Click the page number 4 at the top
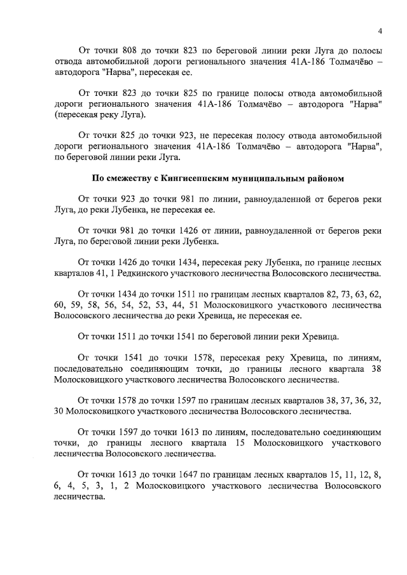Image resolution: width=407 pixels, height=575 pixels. [380, 31]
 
